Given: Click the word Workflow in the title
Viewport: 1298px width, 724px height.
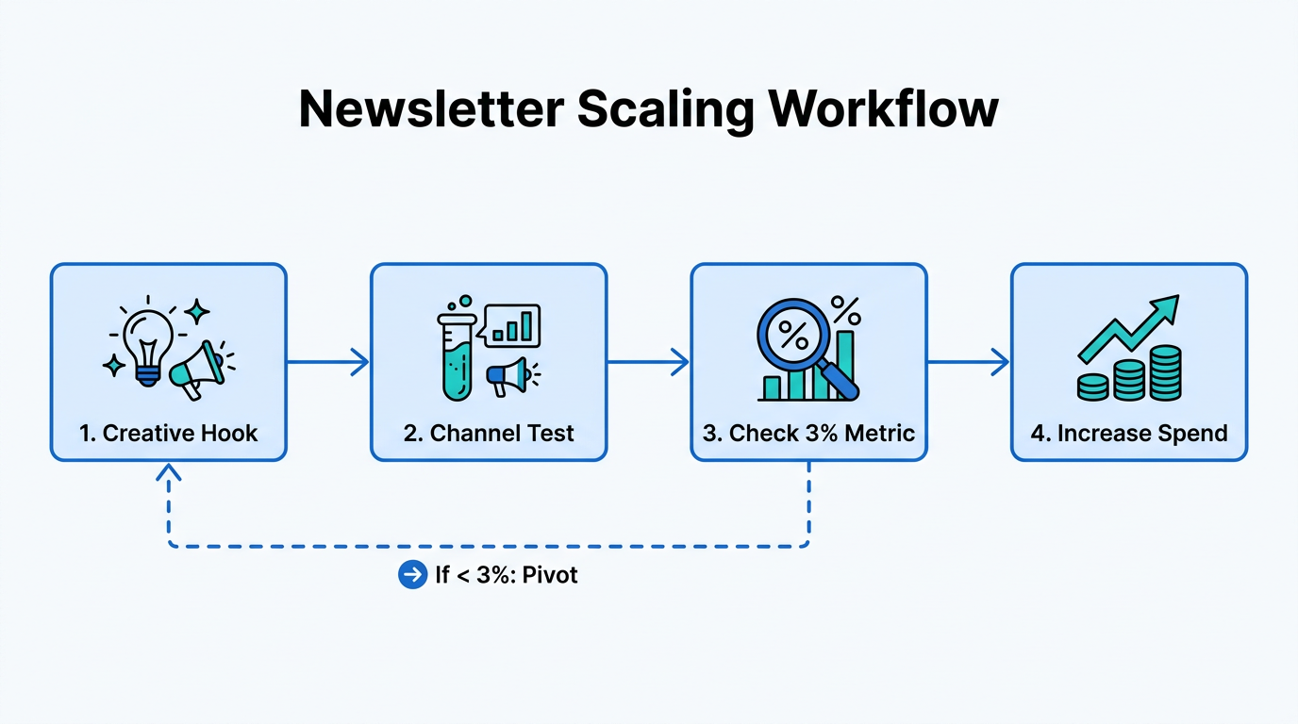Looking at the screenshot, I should click(x=883, y=109).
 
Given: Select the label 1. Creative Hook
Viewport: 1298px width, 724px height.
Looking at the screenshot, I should click(x=168, y=434).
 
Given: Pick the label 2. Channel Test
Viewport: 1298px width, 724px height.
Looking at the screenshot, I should click(x=489, y=434).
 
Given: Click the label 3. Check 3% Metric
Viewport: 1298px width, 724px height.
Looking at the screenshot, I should click(x=808, y=434).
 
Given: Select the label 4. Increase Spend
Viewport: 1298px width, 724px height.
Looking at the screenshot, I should click(x=1129, y=434).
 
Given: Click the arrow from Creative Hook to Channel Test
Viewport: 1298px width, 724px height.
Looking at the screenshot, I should click(x=327, y=362).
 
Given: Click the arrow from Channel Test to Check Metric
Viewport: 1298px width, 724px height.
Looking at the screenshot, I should click(x=648, y=362).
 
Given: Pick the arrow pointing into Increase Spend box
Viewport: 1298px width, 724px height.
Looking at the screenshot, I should click(x=969, y=362).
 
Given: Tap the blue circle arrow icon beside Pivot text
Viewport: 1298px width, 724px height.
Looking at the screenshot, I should click(x=412, y=574).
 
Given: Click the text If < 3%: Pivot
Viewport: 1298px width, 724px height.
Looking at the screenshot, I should click(x=506, y=574).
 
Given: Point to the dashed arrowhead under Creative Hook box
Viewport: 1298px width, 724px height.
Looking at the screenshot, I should click(x=169, y=472).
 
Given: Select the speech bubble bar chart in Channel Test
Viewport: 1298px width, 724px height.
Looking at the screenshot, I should click(x=509, y=325).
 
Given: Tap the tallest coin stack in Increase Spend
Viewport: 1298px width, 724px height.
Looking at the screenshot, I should click(x=1166, y=373).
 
